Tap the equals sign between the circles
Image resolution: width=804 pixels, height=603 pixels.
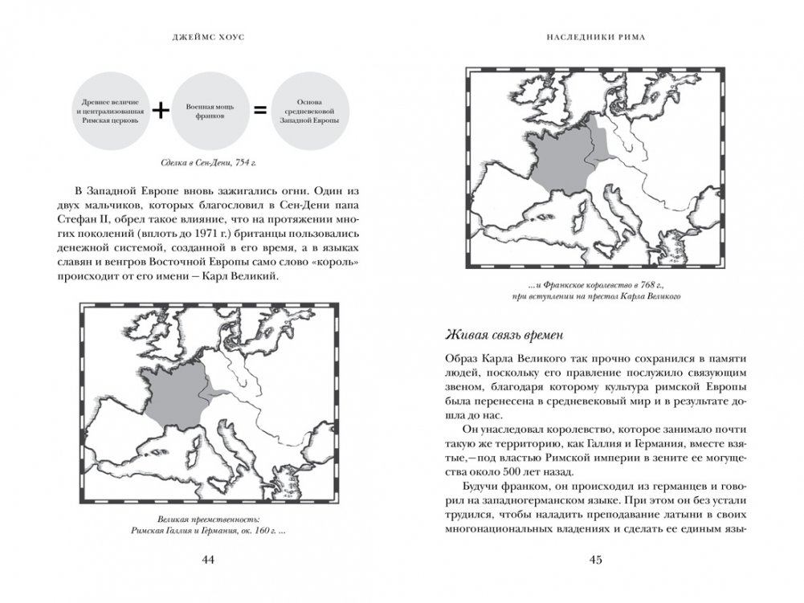259,112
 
